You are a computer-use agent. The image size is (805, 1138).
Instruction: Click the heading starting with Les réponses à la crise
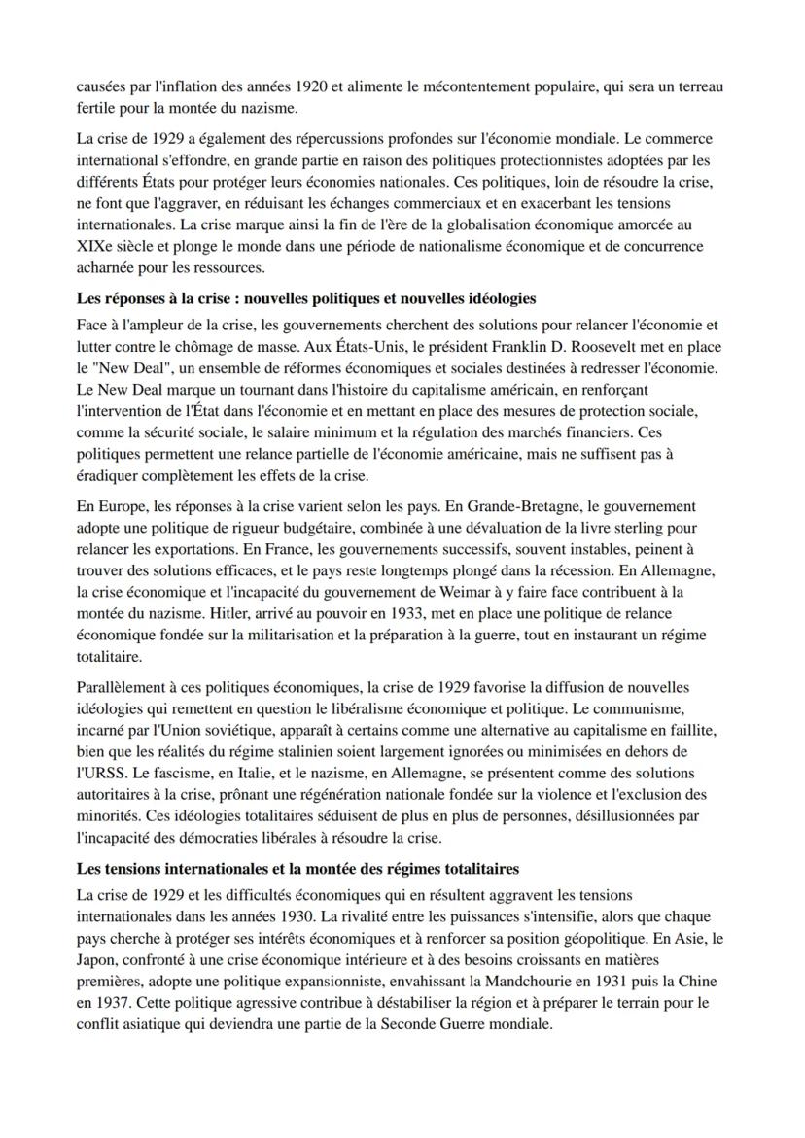tap(306, 297)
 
